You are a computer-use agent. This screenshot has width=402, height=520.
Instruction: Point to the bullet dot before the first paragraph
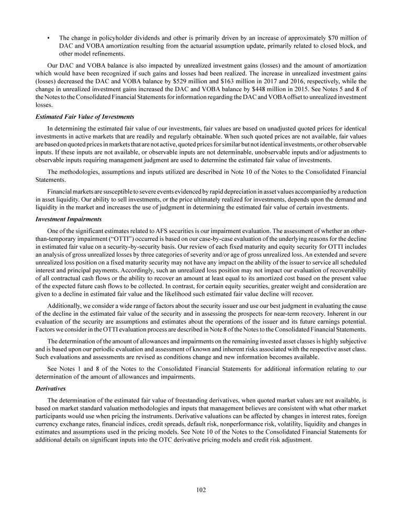coord(48,38)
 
